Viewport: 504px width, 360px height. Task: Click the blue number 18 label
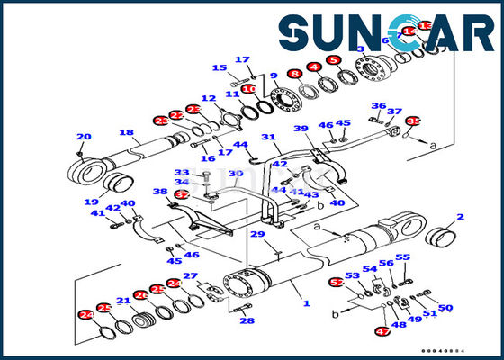point(127,133)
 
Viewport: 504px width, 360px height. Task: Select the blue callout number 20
point(84,138)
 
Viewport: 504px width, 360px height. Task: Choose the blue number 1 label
point(306,303)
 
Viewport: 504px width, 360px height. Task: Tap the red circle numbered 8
point(294,73)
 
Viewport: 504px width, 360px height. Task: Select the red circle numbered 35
point(413,121)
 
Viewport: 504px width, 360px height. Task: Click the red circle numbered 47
point(382,332)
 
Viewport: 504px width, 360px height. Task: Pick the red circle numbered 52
point(337,282)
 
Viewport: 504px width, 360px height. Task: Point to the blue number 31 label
point(267,138)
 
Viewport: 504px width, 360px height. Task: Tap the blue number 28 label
point(247,320)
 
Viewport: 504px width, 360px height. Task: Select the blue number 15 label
point(219,68)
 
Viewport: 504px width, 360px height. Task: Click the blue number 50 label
point(445,308)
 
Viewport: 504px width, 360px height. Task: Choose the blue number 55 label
point(402,257)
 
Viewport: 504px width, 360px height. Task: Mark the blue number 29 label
point(257,235)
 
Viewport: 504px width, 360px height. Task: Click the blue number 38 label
point(159,192)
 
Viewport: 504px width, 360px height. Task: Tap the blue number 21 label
point(122,301)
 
